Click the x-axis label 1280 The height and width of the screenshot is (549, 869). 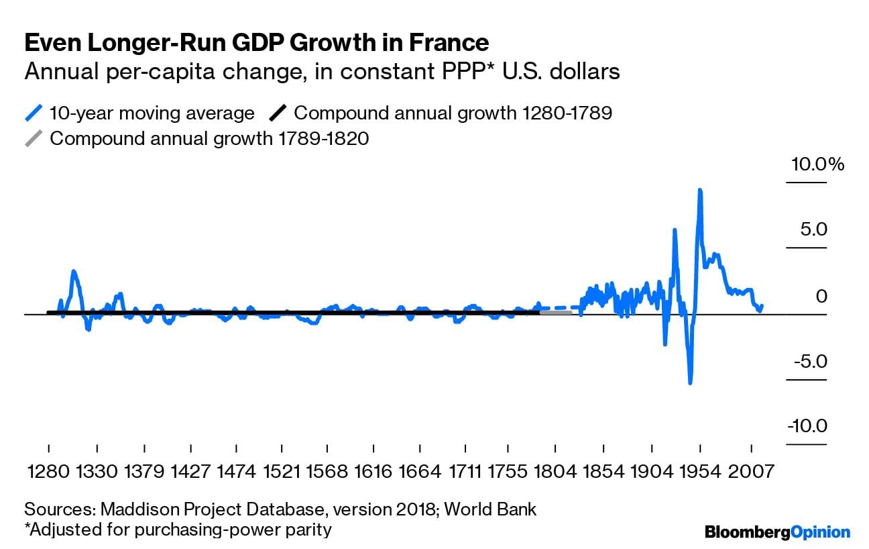pyautogui.click(x=49, y=470)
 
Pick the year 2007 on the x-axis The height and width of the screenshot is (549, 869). pyautogui.click(x=748, y=470)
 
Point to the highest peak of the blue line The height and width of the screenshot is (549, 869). pyautogui.click(x=700, y=191)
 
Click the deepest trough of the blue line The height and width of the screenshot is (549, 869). pyautogui.click(x=689, y=383)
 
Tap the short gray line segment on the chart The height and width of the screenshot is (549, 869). pyautogui.click(x=555, y=312)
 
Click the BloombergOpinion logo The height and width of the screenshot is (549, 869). pyautogui.click(x=777, y=532)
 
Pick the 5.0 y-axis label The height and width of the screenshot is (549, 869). pyautogui.click(x=813, y=230)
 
